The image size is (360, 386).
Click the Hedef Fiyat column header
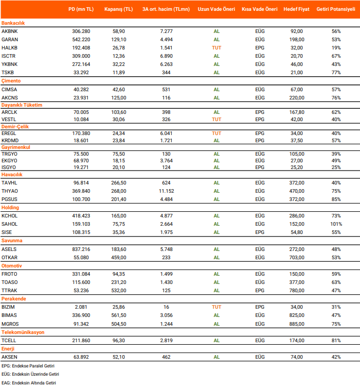pos(297,10)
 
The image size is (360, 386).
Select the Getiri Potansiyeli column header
pos(336,10)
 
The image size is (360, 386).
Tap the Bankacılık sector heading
pos(13,23)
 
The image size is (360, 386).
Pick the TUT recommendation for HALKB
pos(217,47)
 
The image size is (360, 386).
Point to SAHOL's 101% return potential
pos(336,224)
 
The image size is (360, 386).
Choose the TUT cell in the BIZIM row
pos(217,307)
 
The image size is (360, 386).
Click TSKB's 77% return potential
pos(336,73)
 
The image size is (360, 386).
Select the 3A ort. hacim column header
pos(166,10)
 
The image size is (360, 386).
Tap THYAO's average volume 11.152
pos(166,191)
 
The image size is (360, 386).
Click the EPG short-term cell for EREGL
pos(259,132)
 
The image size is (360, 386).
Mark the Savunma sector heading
pos(12,241)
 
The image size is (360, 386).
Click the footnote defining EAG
pos(28,382)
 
